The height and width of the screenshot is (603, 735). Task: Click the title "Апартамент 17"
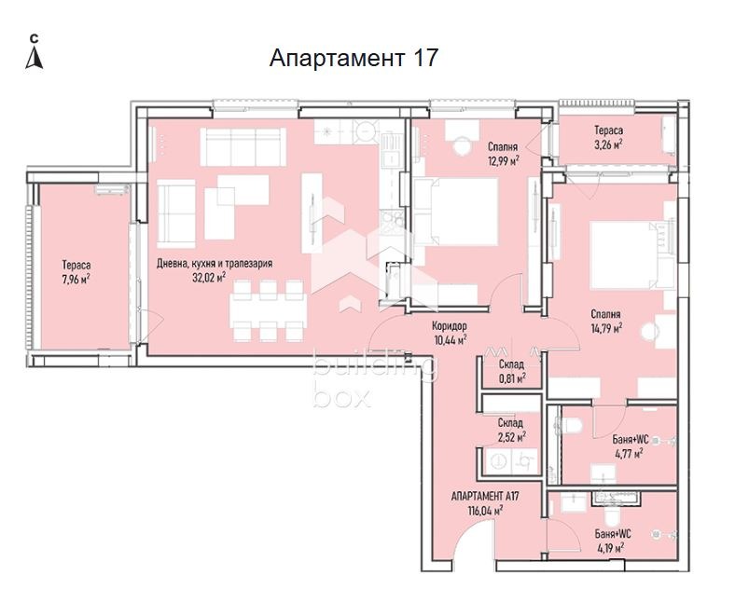click(x=354, y=59)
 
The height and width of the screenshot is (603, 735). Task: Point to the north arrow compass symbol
click(x=35, y=55)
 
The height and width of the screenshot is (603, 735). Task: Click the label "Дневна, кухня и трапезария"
click(x=215, y=264)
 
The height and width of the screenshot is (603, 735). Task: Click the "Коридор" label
click(x=450, y=326)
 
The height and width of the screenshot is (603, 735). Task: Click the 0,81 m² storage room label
click(x=510, y=371)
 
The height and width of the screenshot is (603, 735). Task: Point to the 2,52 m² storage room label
click(x=510, y=430)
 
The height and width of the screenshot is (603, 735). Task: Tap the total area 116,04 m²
click(x=484, y=511)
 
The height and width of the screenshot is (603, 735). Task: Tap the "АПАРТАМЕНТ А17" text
click(x=484, y=497)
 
